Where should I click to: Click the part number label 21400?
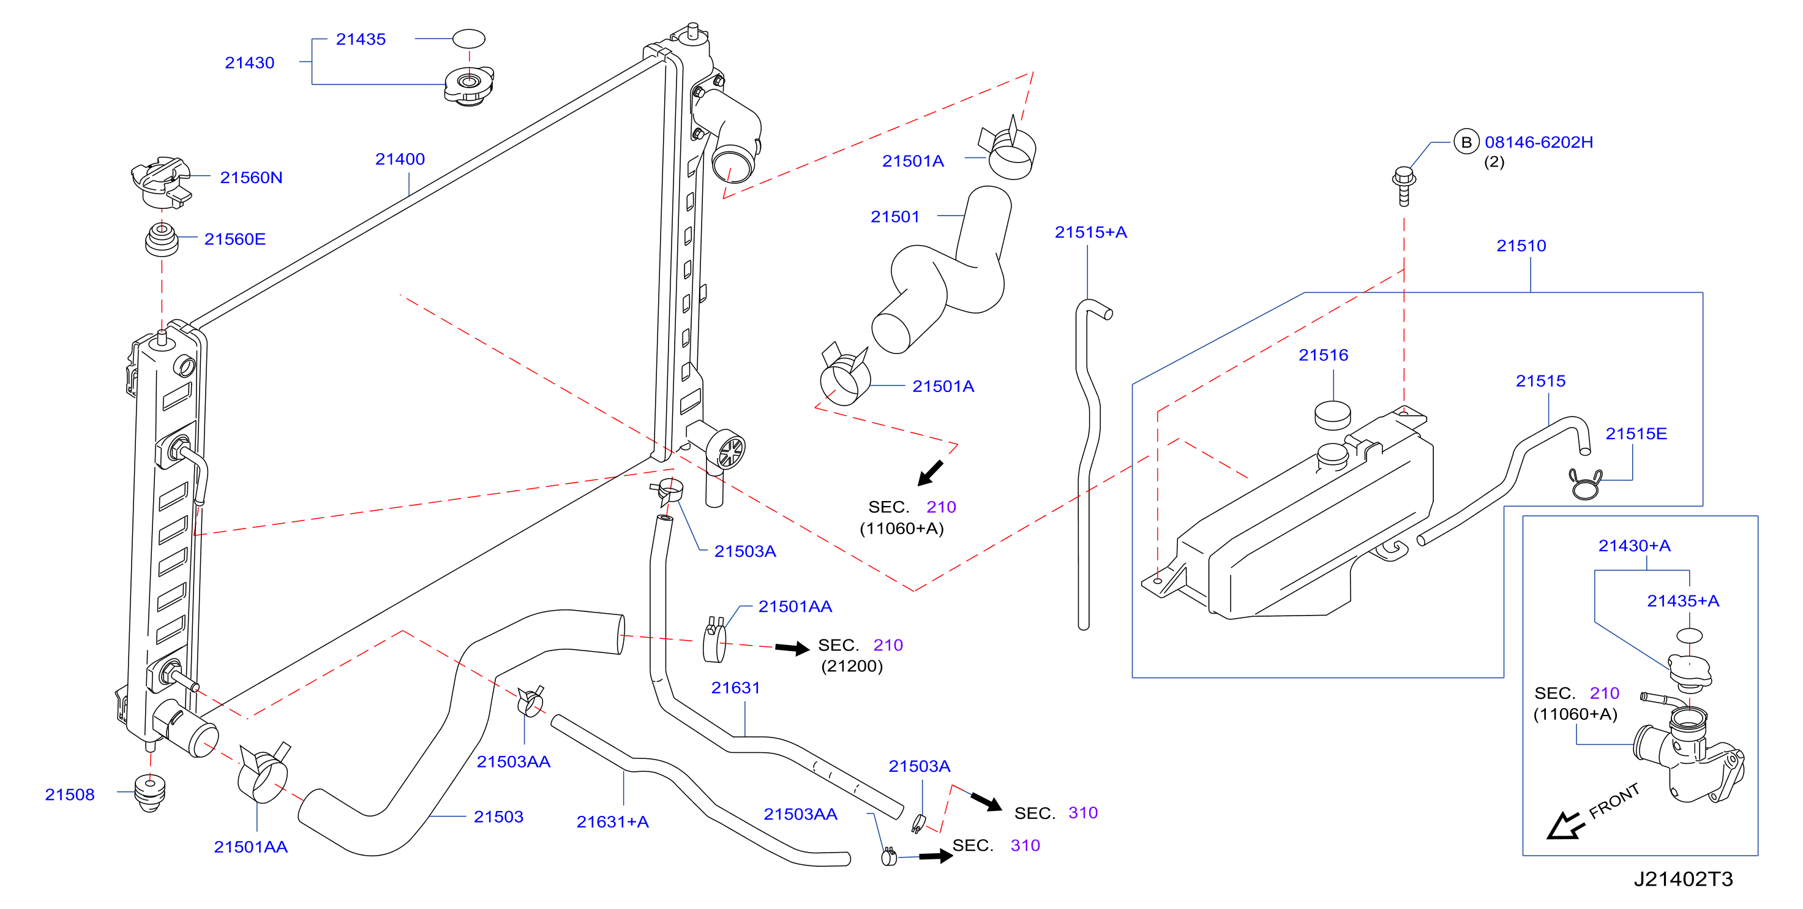(x=400, y=159)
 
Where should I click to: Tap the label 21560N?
(x=251, y=178)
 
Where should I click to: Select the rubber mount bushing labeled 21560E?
(x=161, y=240)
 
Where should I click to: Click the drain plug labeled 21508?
(x=150, y=793)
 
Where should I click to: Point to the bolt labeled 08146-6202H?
(x=1403, y=186)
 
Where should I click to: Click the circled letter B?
(x=1466, y=142)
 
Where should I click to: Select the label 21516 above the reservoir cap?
(x=1323, y=355)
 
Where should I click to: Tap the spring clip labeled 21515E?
(x=1584, y=483)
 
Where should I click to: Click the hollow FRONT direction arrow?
(x=1565, y=826)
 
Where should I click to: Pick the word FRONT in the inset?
(x=1614, y=801)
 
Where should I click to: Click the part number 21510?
(x=1521, y=246)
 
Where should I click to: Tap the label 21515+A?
(x=1090, y=233)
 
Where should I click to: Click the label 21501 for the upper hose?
(x=894, y=217)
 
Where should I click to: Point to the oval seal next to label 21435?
(x=468, y=39)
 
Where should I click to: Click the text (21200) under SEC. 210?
(x=852, y=666)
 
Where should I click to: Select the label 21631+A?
(x=612, y=822)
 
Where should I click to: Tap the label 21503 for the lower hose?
(x=498, y=817)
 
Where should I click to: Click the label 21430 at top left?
(x=249, y=63)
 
